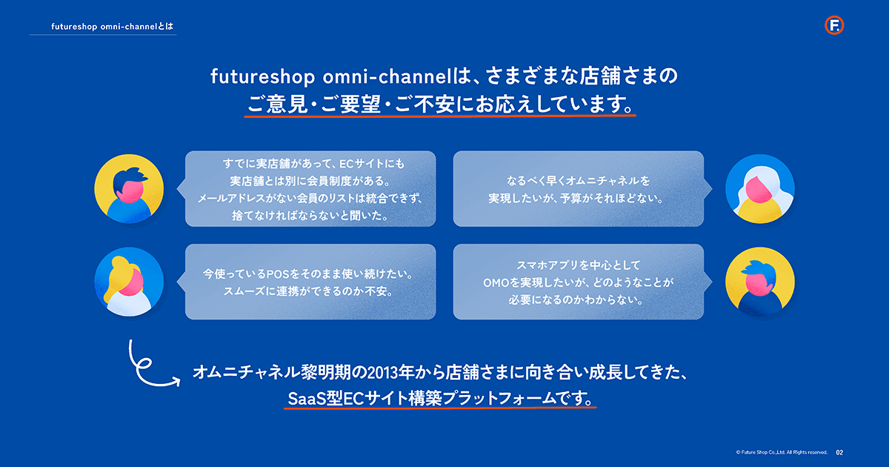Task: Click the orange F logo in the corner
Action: click(834, 25)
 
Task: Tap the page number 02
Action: click(839, 452)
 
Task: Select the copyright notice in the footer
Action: click(782, 452)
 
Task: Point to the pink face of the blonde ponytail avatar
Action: click(131, 282)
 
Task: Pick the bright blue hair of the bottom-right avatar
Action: click(759, 269)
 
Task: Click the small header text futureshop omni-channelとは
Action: click(113, 27)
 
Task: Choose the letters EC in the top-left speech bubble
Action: click(347, 164)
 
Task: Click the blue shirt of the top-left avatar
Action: click(129, 211)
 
